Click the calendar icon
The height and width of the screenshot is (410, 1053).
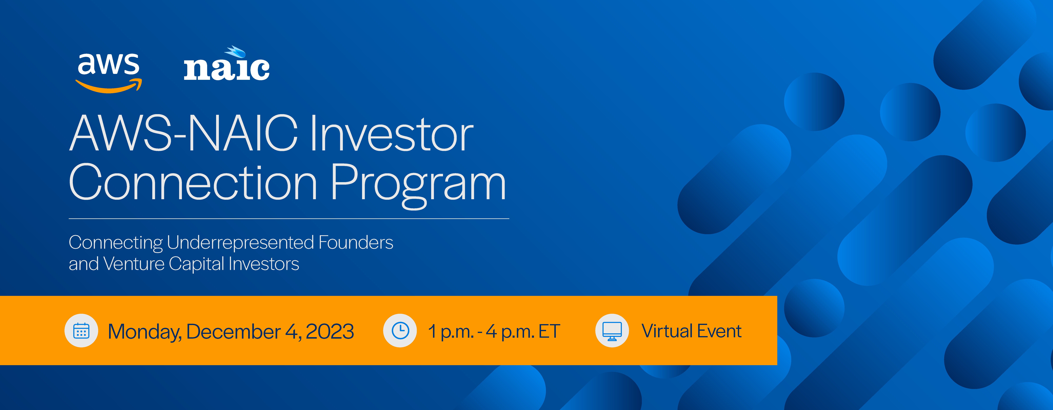(81, 331)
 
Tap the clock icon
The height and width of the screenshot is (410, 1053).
(400, 331)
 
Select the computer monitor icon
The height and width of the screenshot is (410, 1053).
(612, 331)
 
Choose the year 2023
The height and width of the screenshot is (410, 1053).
(329, 331)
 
